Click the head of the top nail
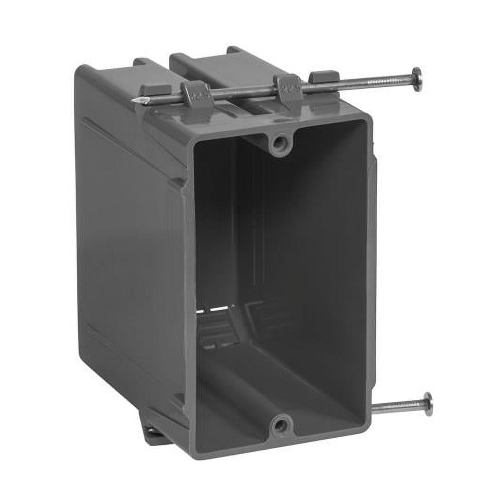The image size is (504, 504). pos(416,79)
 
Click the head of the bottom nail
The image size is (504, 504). pos(428,404)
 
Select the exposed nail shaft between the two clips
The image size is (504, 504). pos(240,91)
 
